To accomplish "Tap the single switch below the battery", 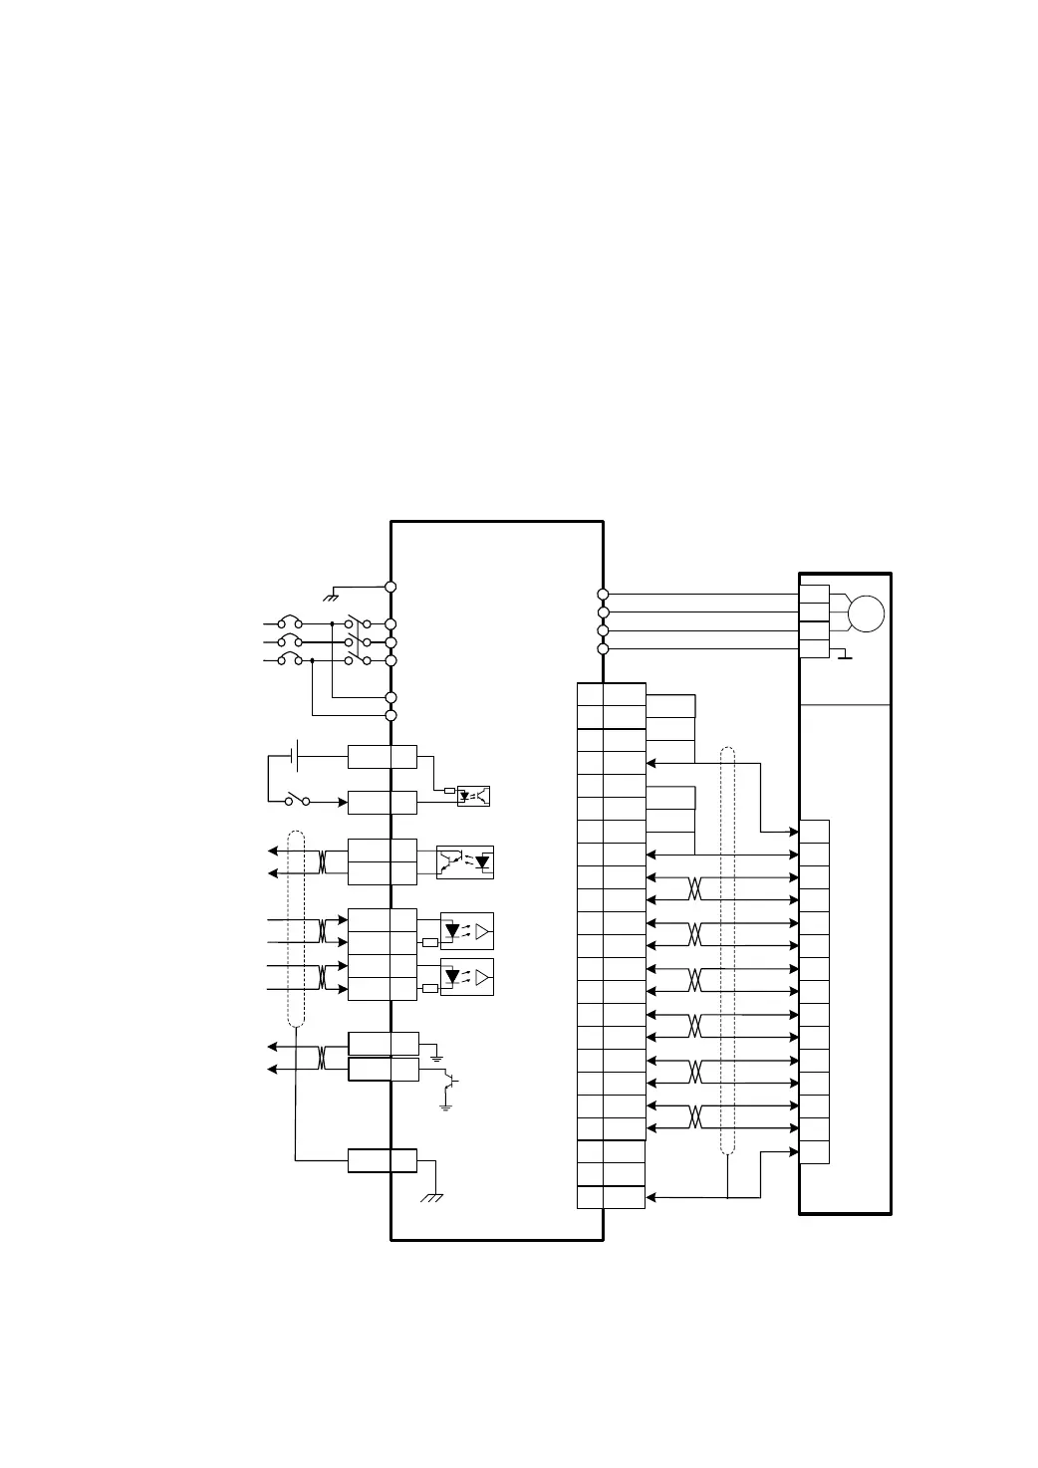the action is click(x=297, y=800).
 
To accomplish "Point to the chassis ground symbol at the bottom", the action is click(x=432, y=1195).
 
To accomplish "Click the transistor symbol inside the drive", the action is click(x=450, y=1080).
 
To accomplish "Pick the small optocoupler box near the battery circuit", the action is click(x=473, y=796).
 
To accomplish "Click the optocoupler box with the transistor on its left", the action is click(x=465, y=862).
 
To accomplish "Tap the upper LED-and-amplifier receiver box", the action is click(x=467, y=931).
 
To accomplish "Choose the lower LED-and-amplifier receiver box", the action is click(x=467, y=977).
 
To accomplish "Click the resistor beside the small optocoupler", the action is click(x=448, y=791).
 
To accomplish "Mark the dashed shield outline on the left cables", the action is click(x=295, y=926).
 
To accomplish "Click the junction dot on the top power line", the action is click(x=332, y=624).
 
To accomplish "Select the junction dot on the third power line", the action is click(x=313, y=660).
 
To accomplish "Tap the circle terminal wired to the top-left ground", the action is click(x=391, y=587).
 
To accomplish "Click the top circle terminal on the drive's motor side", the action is click(x=603, y=595).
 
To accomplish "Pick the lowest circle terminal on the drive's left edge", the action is click(x=391, y=715).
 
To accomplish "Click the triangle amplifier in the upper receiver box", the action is click(x=483, y=931).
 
